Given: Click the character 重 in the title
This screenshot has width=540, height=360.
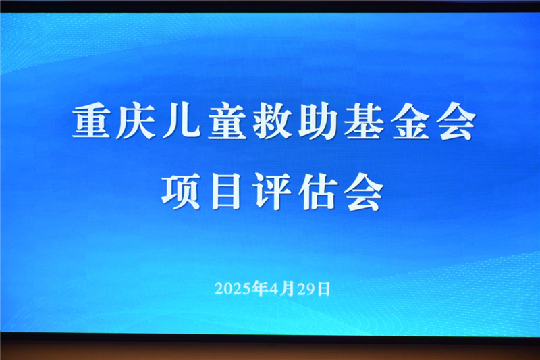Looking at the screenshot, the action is click(91, 122).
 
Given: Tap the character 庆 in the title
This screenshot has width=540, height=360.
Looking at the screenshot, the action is click(136, 122).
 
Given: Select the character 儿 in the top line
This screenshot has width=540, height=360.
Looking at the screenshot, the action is click(182, 122).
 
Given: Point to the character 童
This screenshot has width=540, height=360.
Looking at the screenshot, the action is click(227, 122).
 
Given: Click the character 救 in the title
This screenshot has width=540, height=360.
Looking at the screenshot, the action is click(273, 122).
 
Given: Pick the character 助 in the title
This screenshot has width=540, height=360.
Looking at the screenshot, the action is click(318, 122).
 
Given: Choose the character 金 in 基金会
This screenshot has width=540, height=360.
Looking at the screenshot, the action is click(410, 122).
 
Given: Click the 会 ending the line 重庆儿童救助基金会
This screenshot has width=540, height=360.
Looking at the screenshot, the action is click(456, 122).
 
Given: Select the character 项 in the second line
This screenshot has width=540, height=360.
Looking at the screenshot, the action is click(181, 192).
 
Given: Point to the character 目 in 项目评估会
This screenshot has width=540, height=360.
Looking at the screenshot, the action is click(226, 192).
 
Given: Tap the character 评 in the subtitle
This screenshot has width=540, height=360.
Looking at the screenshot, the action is click(272, 192).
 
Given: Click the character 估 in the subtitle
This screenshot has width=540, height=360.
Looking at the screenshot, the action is click(318, 192).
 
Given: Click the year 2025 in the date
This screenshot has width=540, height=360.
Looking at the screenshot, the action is click(232, 288).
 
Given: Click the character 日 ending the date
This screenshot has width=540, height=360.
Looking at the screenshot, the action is click(323, 288).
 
